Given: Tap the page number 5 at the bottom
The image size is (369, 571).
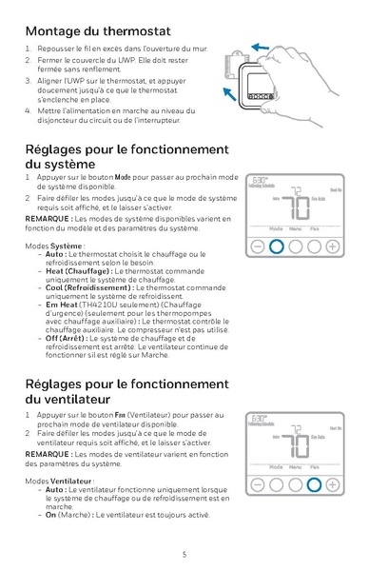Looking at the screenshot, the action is [x=184, y=553].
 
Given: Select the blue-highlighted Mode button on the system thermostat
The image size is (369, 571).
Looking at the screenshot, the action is [x=276, y=246].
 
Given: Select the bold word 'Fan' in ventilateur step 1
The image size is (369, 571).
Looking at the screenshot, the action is [x=120, y=415].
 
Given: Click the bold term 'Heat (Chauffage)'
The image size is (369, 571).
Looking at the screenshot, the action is [x=77, y=271].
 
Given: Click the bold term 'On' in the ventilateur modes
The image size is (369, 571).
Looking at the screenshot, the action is [x=51, y=515].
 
